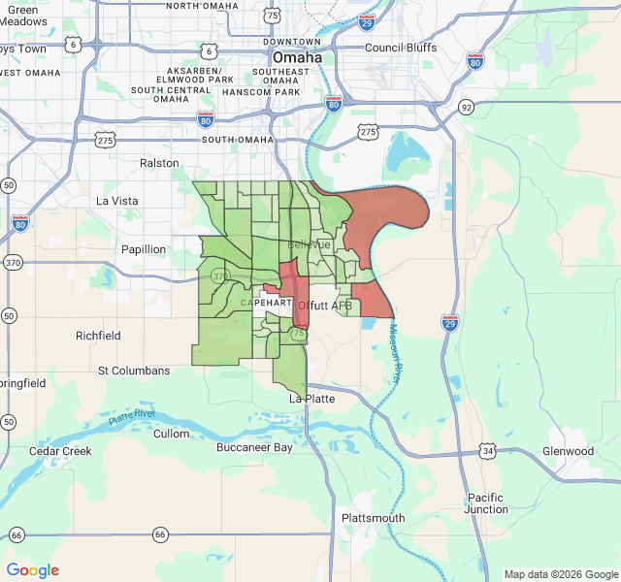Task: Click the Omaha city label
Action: coord(297,57)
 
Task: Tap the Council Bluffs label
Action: coord(401,48)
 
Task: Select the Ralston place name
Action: coord(159,163)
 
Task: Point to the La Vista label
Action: coord(117,201)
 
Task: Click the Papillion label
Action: coord(144,249)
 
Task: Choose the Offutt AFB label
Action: coord(325,306)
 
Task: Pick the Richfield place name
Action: coord(98,336)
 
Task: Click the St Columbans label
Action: coord(134,371)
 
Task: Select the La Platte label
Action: coord(312,399)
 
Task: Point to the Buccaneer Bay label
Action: coord(254,448)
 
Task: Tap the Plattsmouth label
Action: coord(373,518)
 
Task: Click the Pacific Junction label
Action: coord(486,502)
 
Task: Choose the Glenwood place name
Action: coord(568,451)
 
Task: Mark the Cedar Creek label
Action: coord(60,451)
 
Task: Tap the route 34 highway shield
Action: coord(488,451)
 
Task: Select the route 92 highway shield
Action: coord(467,107)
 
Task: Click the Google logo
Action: coord(33,570)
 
